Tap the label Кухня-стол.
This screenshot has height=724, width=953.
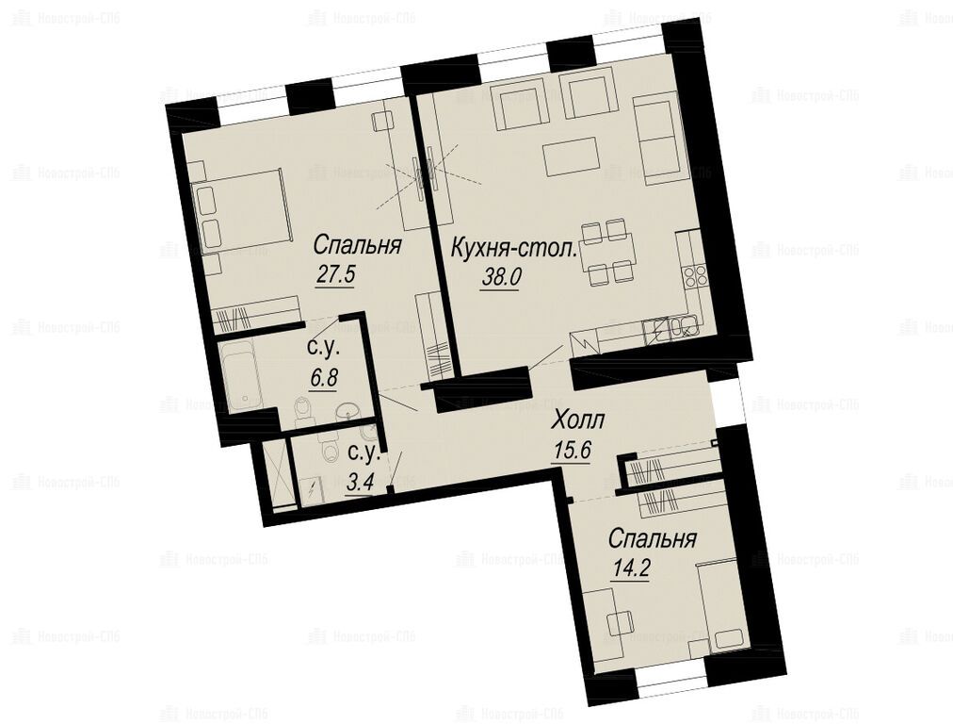(x=514, y=249)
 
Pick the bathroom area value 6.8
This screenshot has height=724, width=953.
(x=323, y=378)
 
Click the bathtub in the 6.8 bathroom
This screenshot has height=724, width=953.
(x=243, y=376)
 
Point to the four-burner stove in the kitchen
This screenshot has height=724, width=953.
(x=694, y=277)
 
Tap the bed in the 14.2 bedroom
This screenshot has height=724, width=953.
(x=721, y=608)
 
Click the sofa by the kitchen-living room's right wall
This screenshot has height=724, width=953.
(x=656, y=140)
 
